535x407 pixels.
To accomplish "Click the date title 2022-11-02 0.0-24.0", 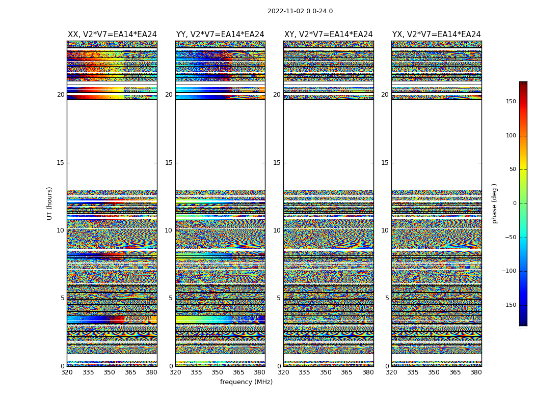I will click(x=300, y=11).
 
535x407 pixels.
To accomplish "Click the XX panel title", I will click(x=112, y=35).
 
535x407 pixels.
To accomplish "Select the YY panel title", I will click(x=220, y=35).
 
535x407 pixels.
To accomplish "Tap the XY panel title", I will click(x=329, y=35).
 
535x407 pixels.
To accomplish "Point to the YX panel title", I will click(x=437, y=35).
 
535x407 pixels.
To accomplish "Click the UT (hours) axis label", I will click(x=50, y=203).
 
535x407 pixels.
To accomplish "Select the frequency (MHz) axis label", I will click(x=246, y=382).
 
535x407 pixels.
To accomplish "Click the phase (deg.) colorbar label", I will click(x=495, y=203).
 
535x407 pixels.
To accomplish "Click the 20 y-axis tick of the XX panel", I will click(x=61, y=95).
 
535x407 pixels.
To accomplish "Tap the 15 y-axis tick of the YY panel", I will click(x=169, y=163).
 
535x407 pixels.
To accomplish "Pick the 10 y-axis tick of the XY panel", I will click(x=277, y=230).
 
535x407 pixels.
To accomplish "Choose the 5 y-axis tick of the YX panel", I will click(x=387, y=298).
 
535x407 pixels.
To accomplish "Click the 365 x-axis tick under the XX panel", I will click(x=130, y=372).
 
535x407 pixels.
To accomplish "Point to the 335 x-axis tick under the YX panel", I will click(x=413, y=372).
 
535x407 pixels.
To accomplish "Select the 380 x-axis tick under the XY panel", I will click(x=368, y=372).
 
